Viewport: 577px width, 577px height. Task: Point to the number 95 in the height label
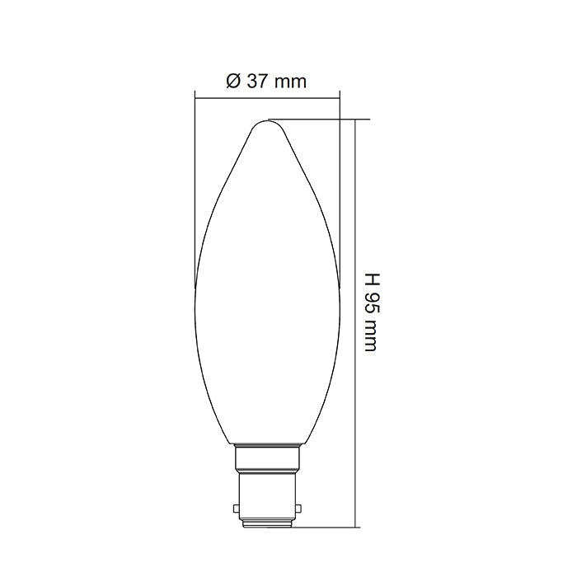click(x=369, y=298)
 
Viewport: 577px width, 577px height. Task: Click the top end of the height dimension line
click(x=355, y=119)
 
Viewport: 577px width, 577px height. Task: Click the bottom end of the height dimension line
click(x=355, y=526)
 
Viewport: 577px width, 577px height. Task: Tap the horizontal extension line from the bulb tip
click(x=321, y=119)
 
